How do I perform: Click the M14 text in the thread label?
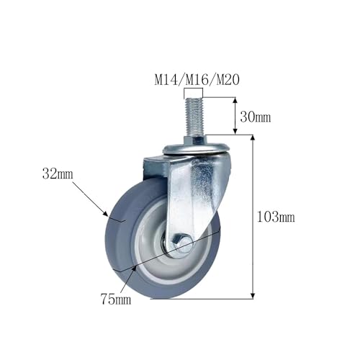pyautogui.click(x=166, y=80)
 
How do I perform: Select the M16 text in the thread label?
pyautogui.click(x=197, y=80)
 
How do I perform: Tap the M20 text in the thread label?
pyautogui.click(x=228, y=80)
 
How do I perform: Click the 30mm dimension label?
pyautogui.click(x=256, y=117)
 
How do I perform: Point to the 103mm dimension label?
pyautogui.click(x=276, y=217)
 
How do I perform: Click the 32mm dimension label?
pyautogui.click(x=58, y=174)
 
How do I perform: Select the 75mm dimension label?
pyautogui.click(x=116, y=299)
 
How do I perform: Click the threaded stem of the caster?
pyautogui.click(x=194, y=117)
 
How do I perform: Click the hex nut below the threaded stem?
pyautogui.click(x=194, y=140)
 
